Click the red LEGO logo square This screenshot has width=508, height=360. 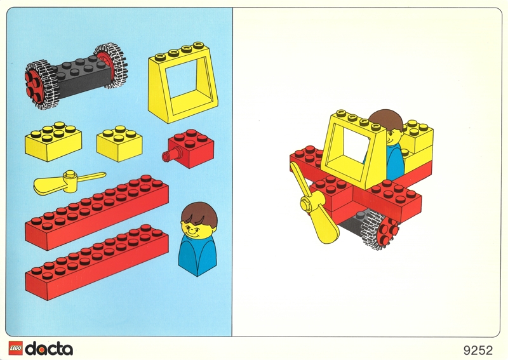click(15, 349)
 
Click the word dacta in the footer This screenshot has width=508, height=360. click(49, 349)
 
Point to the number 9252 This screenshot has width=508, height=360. click(478, 350)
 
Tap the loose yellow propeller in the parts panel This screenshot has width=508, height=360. click(69, 183)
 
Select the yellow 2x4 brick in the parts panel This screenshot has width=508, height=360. click(53, 142)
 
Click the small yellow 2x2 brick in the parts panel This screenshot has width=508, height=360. click(119, 143)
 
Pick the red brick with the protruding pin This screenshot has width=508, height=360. click(189, 149)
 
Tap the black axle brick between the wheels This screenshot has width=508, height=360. click(81, 77)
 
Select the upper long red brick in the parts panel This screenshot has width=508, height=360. click(97, 212)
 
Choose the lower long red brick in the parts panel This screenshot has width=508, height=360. click(97, 262)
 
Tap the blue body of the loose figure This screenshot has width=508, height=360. click(197, 255)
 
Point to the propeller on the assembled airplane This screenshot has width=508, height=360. click(314, 204)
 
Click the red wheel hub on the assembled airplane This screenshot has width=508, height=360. click(387, 230)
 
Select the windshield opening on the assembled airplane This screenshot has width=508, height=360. click(356, 146)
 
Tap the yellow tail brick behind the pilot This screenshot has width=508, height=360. click(417, 146)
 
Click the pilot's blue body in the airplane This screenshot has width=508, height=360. click(395, 162)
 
